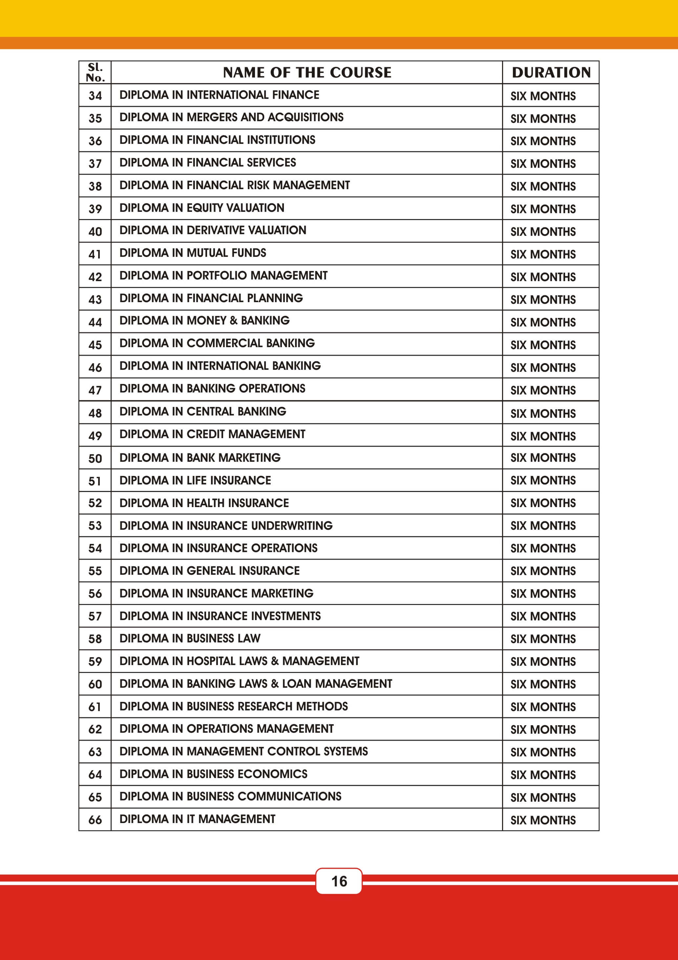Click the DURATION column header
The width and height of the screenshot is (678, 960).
(x=551, y=72)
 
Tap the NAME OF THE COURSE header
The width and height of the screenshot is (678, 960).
(x=307, y=72)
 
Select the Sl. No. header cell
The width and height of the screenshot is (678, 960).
(x=95, y=72)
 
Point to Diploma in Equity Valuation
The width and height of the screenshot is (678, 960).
(x=202, y=208)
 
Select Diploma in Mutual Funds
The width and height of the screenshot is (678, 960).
(x=193, y=253)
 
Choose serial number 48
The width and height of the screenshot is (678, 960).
(x=95, y=413)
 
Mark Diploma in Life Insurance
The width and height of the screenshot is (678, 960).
(x=195, y=480)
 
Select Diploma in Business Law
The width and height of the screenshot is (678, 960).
(x=190, y=638)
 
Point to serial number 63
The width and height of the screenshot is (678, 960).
(x=95, y=752)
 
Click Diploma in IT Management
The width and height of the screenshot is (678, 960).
(x=197, y=819)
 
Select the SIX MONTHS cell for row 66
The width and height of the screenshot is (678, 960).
(x=543, y=820)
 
